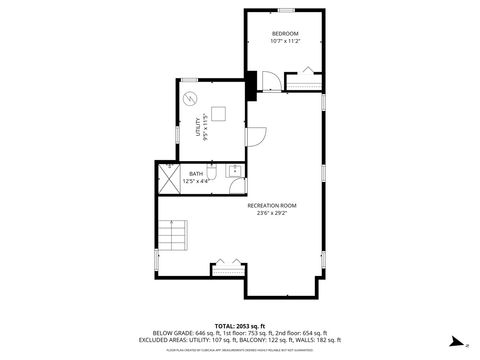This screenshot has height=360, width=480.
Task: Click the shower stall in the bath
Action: click(167, 176)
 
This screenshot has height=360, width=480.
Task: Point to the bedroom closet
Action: click(304, 81)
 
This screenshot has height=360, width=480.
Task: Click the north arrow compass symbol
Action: click(455, 340)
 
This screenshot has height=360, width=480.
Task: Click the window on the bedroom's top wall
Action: click(285, 11)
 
